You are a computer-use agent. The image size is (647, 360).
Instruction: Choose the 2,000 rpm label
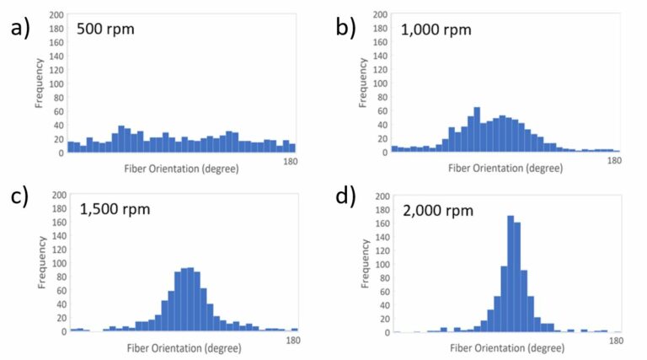coord(439,210)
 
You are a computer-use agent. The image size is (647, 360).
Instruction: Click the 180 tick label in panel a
coord(289,160)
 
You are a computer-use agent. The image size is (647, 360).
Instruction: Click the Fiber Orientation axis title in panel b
coord(505,168)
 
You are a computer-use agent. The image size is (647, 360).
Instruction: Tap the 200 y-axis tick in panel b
coord(381,14)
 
